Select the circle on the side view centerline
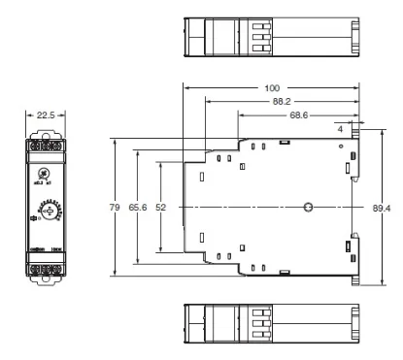(308, 208)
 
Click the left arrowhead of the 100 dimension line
(186, 87)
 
